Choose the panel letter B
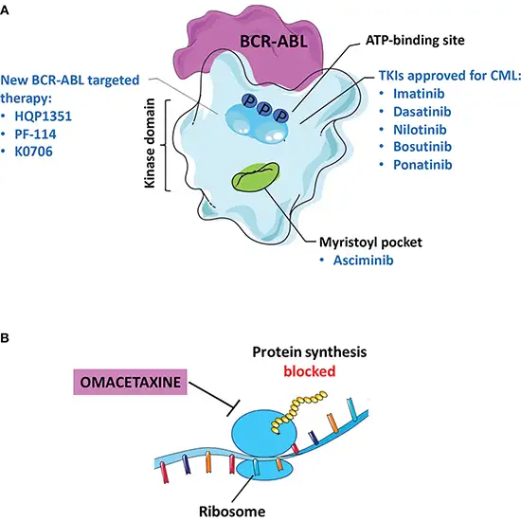click(7, 336)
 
